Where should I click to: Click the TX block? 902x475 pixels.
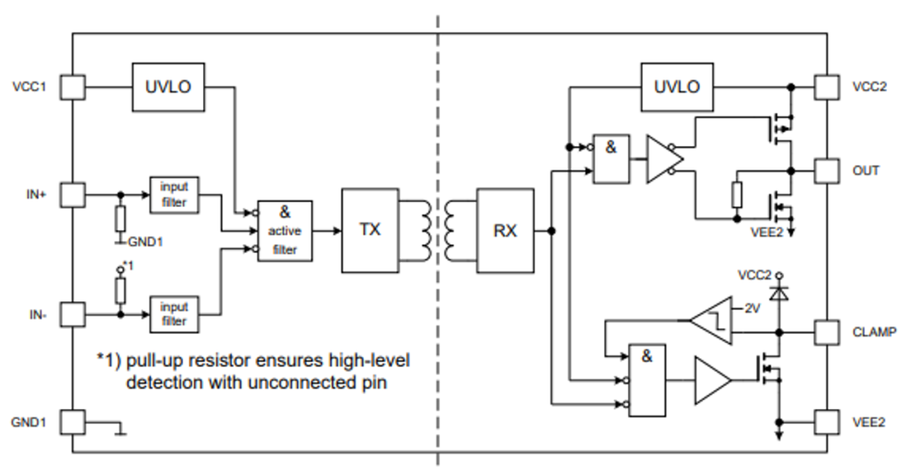coord(370,230)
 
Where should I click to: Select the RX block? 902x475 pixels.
coord(505,230)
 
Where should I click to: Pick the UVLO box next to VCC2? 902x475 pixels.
coord(676,86)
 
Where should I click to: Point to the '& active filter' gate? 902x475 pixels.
coord(285,231)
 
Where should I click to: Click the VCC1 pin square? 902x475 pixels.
coord(73,86)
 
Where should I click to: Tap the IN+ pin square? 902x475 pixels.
coord(73,195)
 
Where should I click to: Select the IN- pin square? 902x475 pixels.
coord(73,315)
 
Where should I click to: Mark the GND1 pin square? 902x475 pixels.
coord(73,422)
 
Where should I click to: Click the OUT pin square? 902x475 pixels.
coord(827,170)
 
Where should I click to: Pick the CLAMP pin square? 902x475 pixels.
coord(827,331)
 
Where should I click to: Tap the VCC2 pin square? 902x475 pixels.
coord(827,86)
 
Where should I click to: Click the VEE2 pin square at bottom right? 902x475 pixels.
coord(827,422)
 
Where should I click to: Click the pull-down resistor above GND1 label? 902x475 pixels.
coord(120,219)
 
